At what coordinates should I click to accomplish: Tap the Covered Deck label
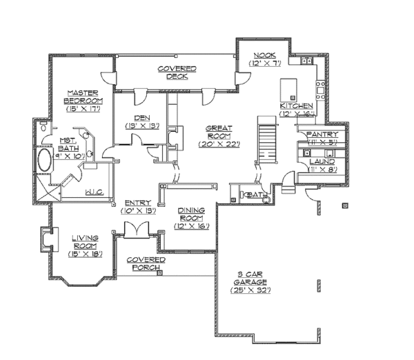177,72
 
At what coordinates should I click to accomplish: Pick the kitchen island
288,89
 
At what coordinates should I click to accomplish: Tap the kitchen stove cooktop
319,88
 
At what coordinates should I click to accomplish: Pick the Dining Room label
190,217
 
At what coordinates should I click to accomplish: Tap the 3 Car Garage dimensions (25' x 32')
250,290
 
